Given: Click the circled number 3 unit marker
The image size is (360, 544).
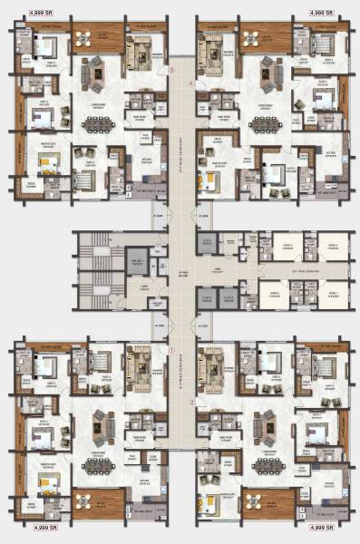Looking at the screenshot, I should pyautogui.click(x=167, y=71).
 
